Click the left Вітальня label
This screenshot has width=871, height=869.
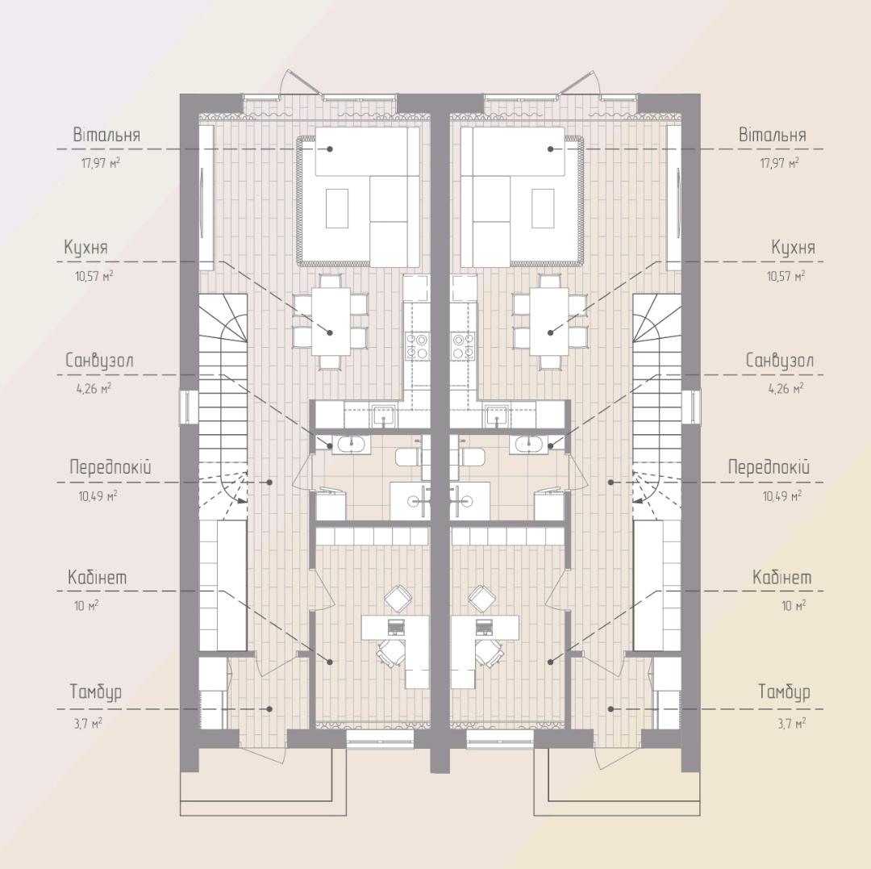(106, 135)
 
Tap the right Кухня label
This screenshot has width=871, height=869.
(794, 248)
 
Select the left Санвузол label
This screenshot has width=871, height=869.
(99, 361)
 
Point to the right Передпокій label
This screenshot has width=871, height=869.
(769, 467)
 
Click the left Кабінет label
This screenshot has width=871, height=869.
(98, 577)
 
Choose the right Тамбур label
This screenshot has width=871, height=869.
(785, 692)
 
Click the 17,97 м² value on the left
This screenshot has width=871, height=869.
(101, 164)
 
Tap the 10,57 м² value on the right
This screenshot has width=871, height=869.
(786, 276)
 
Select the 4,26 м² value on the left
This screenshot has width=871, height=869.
(94, 388)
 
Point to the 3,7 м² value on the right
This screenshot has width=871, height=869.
(792, 724)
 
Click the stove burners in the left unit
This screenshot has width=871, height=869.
(417, 345)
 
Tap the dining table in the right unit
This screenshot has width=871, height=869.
(549, 321)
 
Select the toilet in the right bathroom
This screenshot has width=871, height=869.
(472, 458)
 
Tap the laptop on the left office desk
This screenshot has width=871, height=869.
(397, 626)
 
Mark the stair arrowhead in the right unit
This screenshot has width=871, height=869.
(638, 500)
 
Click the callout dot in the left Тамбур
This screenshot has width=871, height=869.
(270, 709)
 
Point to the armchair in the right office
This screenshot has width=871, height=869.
(481, 599)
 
